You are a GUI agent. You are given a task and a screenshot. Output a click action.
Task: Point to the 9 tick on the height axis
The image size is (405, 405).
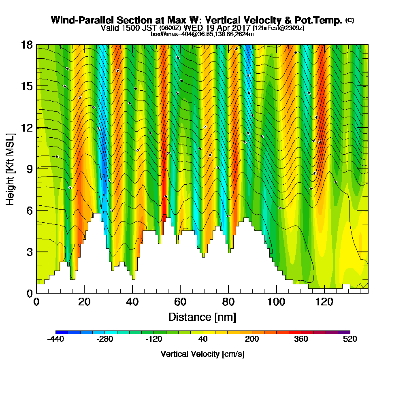(36, 168)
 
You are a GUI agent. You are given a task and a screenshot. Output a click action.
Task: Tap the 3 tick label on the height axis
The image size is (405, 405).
(29, 252)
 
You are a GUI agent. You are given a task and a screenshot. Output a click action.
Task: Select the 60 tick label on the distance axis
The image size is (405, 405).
(180, 302)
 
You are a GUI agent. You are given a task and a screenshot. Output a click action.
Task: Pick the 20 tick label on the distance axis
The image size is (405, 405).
(84, 302)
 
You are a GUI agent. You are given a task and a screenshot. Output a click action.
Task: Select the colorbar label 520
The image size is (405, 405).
(350, 339)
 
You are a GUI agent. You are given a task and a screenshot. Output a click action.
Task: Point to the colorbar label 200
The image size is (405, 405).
(252, 339)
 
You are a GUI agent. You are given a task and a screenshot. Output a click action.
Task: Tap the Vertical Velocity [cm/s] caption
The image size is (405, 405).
(202, 354)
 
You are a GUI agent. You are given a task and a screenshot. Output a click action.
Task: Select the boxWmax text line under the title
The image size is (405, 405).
(202, 34)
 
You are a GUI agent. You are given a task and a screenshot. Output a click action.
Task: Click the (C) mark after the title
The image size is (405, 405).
(350, 20)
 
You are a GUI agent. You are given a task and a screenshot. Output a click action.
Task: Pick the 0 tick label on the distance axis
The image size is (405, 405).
(36, 302)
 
